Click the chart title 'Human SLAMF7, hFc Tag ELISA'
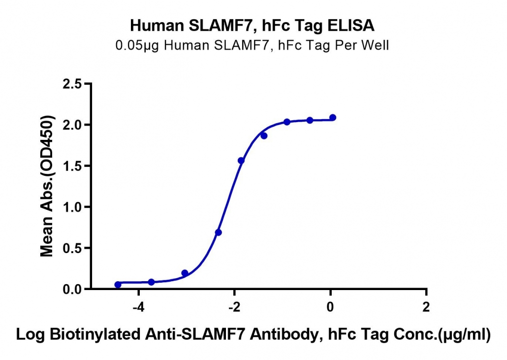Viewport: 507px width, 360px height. coord(252,26)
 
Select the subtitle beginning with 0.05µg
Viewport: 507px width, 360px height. coord(252,45)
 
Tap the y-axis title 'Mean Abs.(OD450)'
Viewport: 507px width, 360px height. coord(47,186)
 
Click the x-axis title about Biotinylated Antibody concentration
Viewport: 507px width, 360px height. coord(253,334)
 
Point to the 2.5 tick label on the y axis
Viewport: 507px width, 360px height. coord(72,84)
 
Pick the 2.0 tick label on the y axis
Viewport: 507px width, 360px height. coord(72,125)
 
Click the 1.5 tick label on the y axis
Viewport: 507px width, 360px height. coord(72,166)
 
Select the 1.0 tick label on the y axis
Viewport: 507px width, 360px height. coord(72,207)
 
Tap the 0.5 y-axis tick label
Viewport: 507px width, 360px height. coord(72,248)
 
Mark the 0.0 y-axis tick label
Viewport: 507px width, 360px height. coord(72,289)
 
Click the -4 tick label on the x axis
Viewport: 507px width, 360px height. coord(138,307)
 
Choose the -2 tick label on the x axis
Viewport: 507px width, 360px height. coord(234,307)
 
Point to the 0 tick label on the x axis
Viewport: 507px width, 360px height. coord(330,307)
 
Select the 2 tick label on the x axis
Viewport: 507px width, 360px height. coord(426,307)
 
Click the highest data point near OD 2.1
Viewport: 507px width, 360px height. coord(333,117)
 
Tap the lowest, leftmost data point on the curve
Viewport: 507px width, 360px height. coord(118,285)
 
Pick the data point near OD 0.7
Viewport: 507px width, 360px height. coord(218,232)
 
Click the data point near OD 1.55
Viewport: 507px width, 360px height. coord(241,161)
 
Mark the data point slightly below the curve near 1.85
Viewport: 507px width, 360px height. coord(264,136)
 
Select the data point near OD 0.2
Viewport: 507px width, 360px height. coord(185,273)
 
